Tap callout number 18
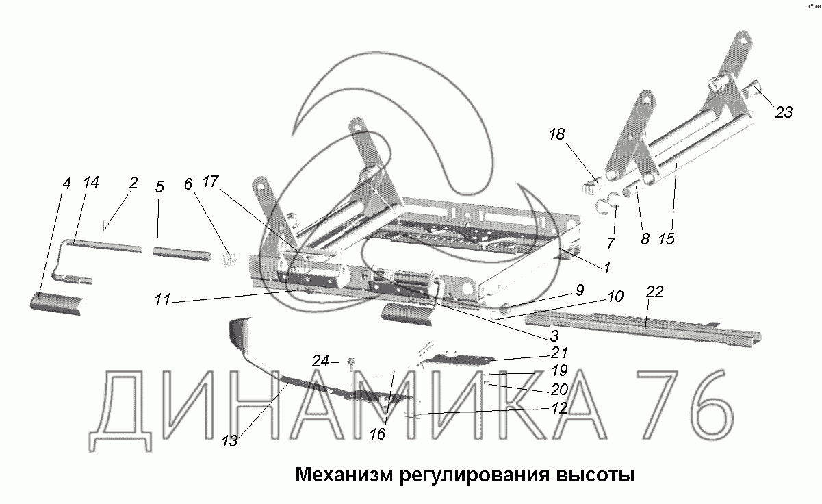click(x=557, y=134)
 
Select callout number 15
click(x=667, y=238)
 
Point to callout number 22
click(x=654, y=292)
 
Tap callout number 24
click(x=321, y=360)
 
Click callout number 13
click(x=229, y=441)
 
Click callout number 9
click(x=579, y=290)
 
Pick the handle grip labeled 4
click(x=58, y=302)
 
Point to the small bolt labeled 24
click(x=350, y=364)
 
